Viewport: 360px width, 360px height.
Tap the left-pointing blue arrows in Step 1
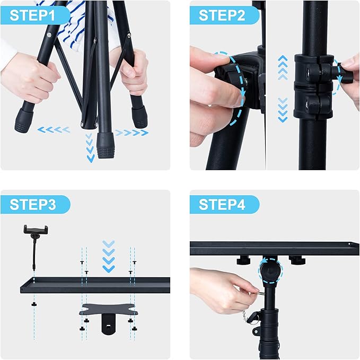tap(53, 129)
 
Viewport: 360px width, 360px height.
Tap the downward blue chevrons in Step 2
tap(283, 109)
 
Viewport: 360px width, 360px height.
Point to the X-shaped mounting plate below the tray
tap(109, 310)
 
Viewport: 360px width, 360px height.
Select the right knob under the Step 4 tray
tap(295, 260)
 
